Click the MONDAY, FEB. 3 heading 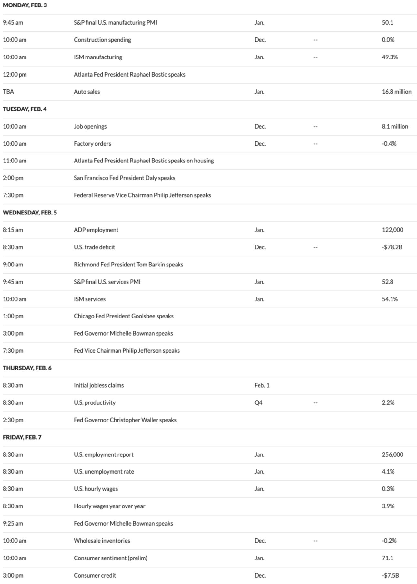(x=25, y=5)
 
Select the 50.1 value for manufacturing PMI (x=387, y=23)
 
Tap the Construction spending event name (x=102, y=40)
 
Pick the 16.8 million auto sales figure (x=396, y=92)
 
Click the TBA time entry (x=8, y=92)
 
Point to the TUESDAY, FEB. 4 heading (x=25, y=109)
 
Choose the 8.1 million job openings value (x=395, y=126)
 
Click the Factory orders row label (x=92, y=144)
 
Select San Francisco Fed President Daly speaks (x=124, y=178)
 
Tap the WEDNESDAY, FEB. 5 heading (x=30, y=213)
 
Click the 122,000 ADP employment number (x=392, y=230)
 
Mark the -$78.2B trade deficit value (x=392, y=247)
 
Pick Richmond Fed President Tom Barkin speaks (x=128, y=265)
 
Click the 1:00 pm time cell (x=13, y=316)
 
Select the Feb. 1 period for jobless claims (x=262, y=385)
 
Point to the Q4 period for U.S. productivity (x=258, y=403)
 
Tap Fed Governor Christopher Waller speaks (x=125, y=420)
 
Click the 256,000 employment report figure (x=392, y=454)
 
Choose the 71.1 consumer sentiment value (x=387, y=558)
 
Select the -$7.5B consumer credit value (x=390, y=575)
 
